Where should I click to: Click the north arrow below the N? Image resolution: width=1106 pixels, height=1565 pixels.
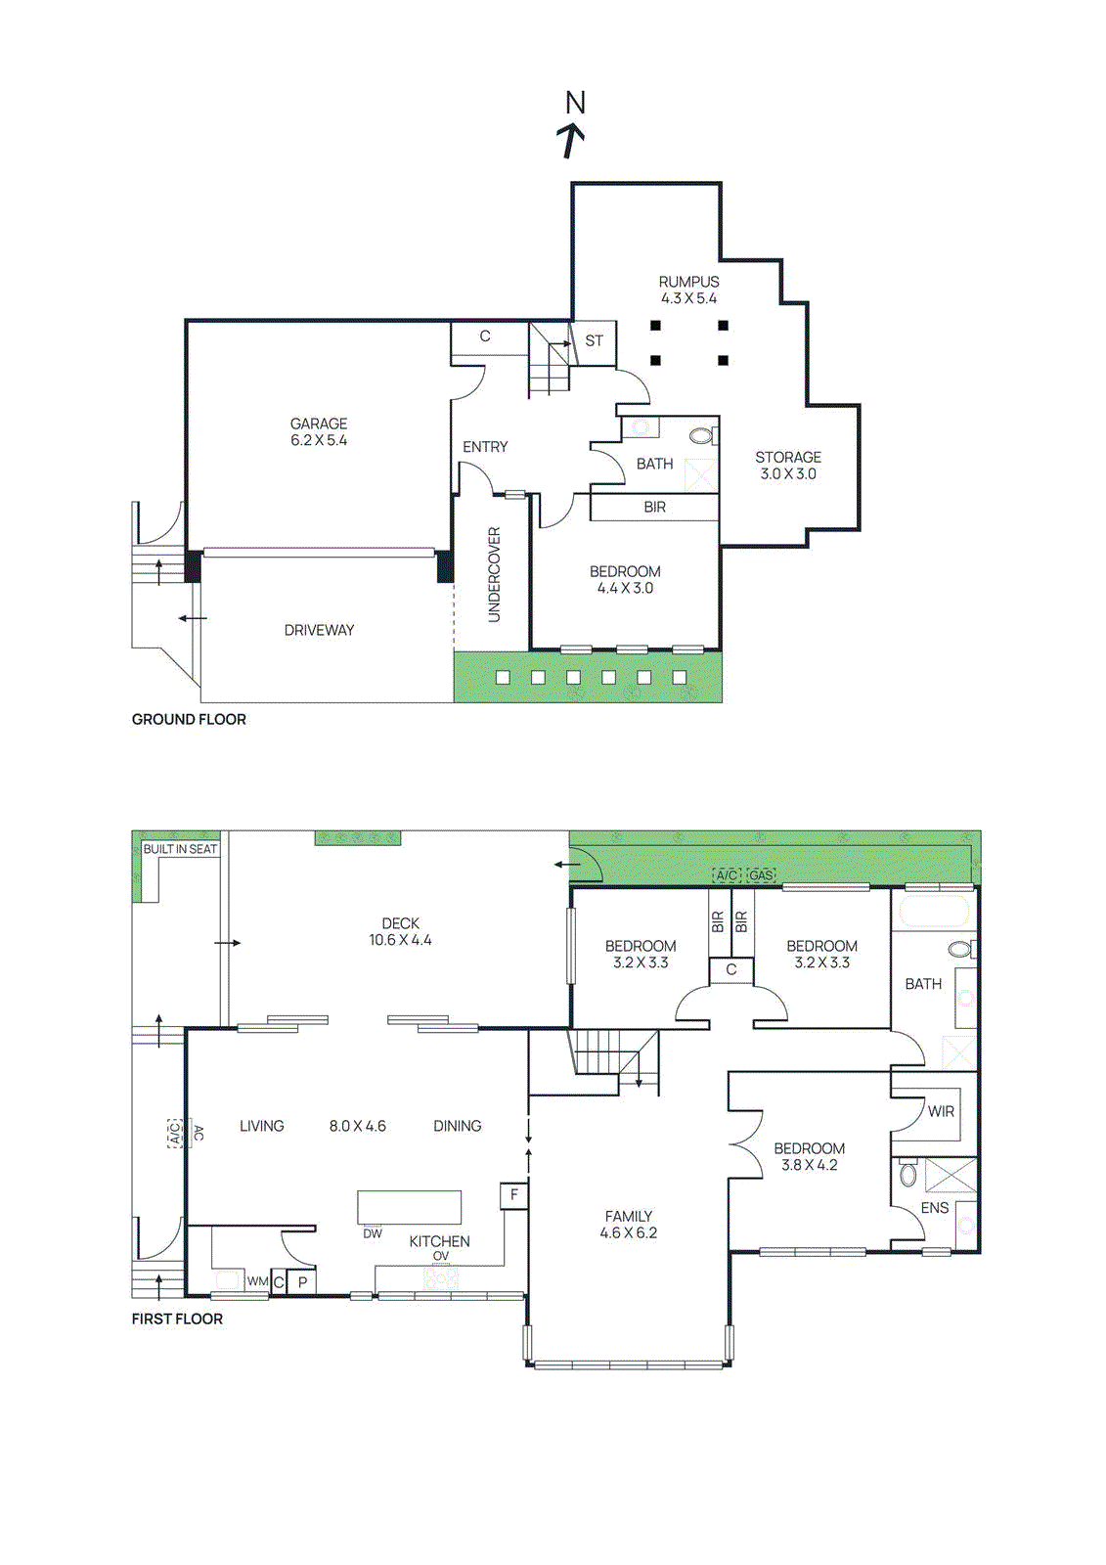pyautogui.click(x=572, y=141)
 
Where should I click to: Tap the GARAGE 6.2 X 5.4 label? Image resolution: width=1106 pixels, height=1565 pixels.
pyautogui.click(x=319, y=431)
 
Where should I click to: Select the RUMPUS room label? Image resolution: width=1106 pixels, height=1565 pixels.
pyautogui.click(x=688, y=282)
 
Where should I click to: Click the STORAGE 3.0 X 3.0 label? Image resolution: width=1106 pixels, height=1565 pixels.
pyautogui.click(x=788, y=465)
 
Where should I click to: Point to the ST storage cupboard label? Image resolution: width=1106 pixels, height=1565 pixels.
pyautogui.click(x=594, y=341)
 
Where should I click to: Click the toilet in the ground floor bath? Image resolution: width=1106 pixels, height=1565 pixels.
pyautogui.click(x=701, y=436)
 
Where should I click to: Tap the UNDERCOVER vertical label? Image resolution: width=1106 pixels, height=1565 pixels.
pyautogui.click(x=494, y=574)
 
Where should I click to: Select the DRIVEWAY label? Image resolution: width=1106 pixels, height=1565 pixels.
pyautogui.click(x=319, y=630)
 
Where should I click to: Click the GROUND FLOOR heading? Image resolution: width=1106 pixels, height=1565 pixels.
pyautogui.click(x=189, y=719)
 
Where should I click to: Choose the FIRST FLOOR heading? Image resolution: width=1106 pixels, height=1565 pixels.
pyautogui.click(x=177, y=1319)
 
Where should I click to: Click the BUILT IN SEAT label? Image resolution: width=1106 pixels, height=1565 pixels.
pyautogui.click(x=180, y=849)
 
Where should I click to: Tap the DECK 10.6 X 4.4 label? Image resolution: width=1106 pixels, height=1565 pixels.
pyautogui.click(x=400, y=931)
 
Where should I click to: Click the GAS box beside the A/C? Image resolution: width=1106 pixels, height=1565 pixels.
pyautogui.click(x=761, y=874)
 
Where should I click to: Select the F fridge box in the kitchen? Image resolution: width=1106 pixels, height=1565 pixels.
pyautogui.click(x=514, y=1194)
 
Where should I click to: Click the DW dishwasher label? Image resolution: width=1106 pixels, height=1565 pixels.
pyautogui.click(x=373, y=1233)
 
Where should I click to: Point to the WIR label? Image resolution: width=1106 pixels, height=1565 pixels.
pyautogui.click(x=941, y=1111)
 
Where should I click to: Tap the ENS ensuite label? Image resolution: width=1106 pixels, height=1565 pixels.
pyautogui.click(x=934, y=1207)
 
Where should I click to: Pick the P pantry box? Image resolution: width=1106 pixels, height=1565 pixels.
pyautogui.click(x=302, y=1282)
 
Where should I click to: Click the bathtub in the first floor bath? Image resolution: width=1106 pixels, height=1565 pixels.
pyautogui.click(x=932, y=912)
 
